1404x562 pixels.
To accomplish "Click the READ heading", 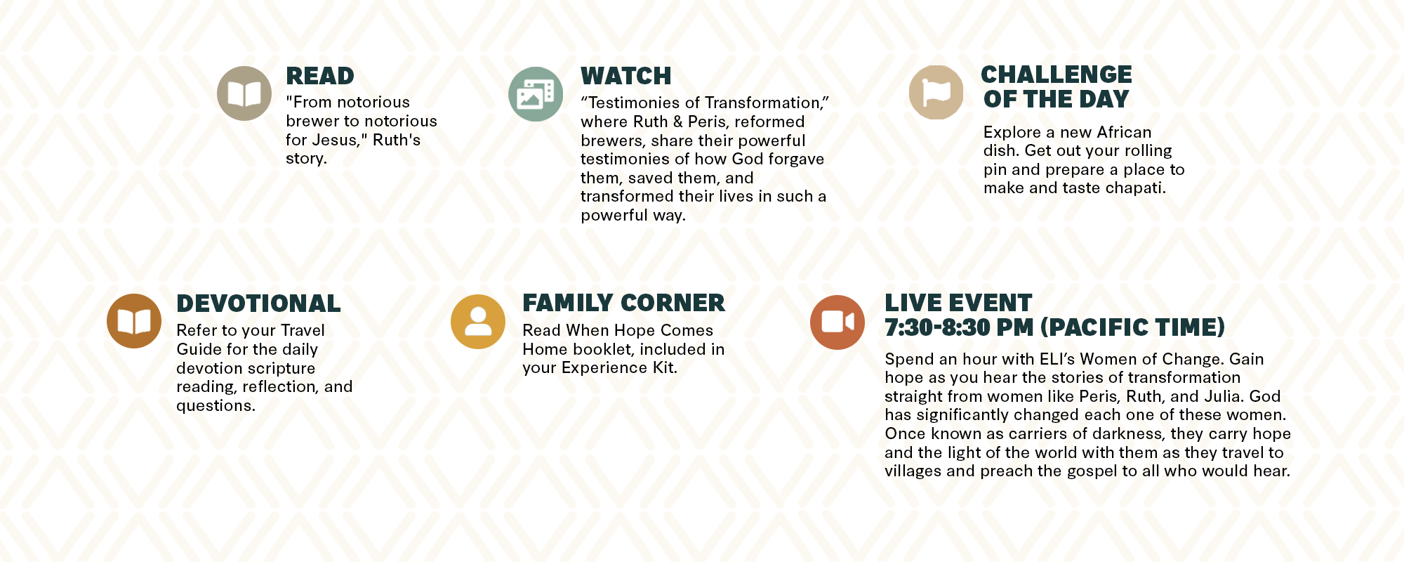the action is (320, 76).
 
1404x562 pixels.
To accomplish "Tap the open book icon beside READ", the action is (244, 93).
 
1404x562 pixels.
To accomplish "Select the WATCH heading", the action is (626, 76).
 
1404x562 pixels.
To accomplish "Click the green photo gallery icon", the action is (536, 94).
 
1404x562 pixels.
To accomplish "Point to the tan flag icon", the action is (936, 92).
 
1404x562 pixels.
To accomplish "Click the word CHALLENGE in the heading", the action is (1057, 74).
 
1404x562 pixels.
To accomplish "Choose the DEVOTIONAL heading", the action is (258, 303).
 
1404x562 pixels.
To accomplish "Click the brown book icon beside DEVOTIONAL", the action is (134, 321).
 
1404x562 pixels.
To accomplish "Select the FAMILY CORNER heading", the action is (623, 303).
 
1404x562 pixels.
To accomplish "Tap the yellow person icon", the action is (478, 322).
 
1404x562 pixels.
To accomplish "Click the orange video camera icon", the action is (837, 322).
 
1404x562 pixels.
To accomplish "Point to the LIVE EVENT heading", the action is (958, 303).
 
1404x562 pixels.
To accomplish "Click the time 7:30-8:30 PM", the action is (960, 327).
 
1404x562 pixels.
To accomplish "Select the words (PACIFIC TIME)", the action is (1133, 327).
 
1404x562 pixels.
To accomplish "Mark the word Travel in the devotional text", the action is (303, 330).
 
